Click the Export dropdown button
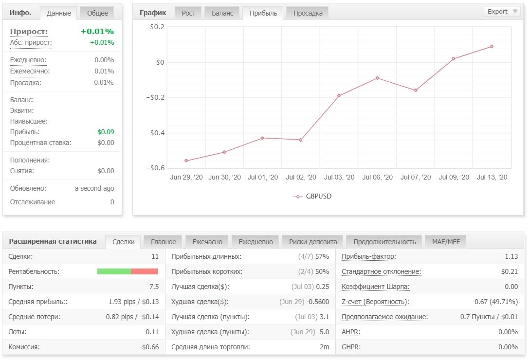coord(502,12)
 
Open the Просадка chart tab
coord(308,13)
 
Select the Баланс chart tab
coord(222,13)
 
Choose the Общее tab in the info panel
coord(97,13)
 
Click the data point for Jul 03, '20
coord(339,96)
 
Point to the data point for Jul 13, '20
coord(492,47)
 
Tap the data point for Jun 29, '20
coord(186,161)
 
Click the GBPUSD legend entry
coord(312,197)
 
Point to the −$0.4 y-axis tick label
coord(155,133)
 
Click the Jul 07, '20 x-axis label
coord(416,177)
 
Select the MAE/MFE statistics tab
coord(446,242)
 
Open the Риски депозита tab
coord(313,242)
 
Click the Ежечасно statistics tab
coord(207,242)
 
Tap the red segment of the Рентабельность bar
coord(145,271)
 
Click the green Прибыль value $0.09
coord(106,132)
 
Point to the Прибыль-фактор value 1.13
coord(511,256)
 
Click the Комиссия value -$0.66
coord(149,347)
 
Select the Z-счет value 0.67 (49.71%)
coord(496,302)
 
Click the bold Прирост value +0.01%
coord(97,31)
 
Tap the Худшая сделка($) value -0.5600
coord(318,302)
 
